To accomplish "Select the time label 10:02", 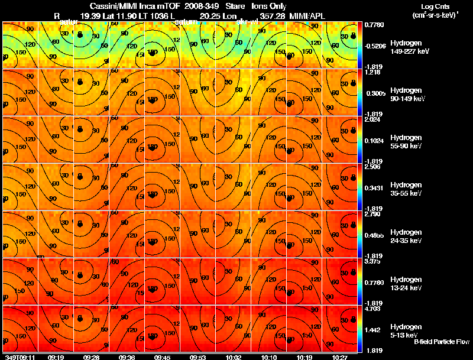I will pyautogui.click(x=234, y=357).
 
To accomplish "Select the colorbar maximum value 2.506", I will pyautogui.click(x=372, y=167).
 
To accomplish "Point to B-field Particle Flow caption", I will pyautogui.click(x=441, y=342).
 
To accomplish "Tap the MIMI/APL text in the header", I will pyautogui.click(x=307, y=16).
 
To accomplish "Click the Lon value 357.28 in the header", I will pyautogui.click(x=272, y=16).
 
